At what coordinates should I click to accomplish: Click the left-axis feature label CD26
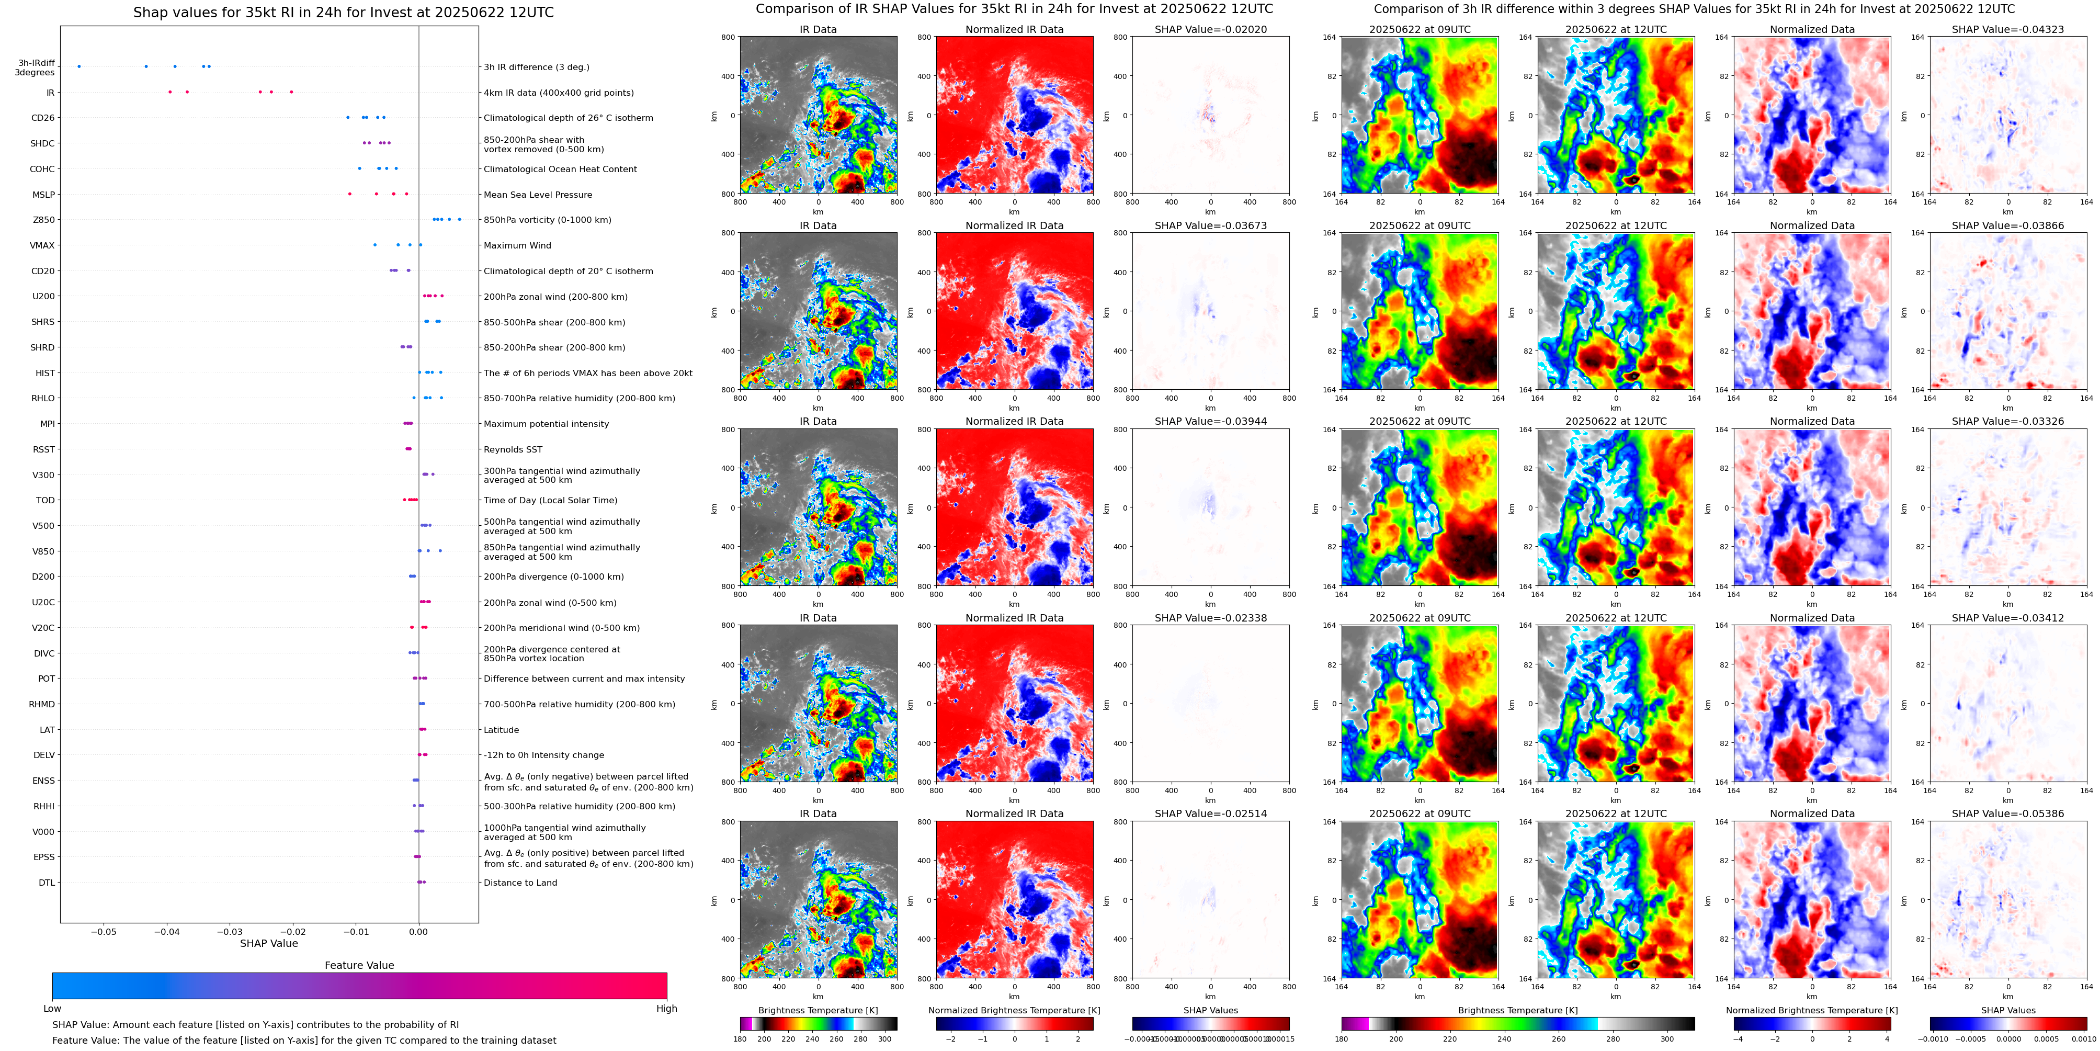pyautogui.click(x=42, y=118)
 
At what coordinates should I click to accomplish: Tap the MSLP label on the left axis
pyautogui.click(x=43, y=195)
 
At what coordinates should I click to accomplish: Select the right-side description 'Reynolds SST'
pyautogui.click(x=512, y=449)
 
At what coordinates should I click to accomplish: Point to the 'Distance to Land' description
pyautogui.click(x=520, y=883)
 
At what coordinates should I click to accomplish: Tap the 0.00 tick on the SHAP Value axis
pyautogui.click(x=418, y=931)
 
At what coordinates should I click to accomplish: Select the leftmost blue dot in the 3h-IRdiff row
pyautogui.click(x=79, y=66)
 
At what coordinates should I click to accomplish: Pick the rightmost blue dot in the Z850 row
pyautogui.click(x=460, y=219)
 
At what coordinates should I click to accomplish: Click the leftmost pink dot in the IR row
pyautogui.click(x=169, y=92)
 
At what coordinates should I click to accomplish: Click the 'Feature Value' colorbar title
pyautogui.click(x=359, y=965)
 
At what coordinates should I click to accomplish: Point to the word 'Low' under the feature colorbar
pyautogui.click(x=52, y=1009)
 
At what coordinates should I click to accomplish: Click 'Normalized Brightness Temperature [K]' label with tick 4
pyautogui.click(x=1811, y=1010)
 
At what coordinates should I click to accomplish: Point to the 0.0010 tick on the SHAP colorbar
pyautogui.click(x=2084, y=1039)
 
